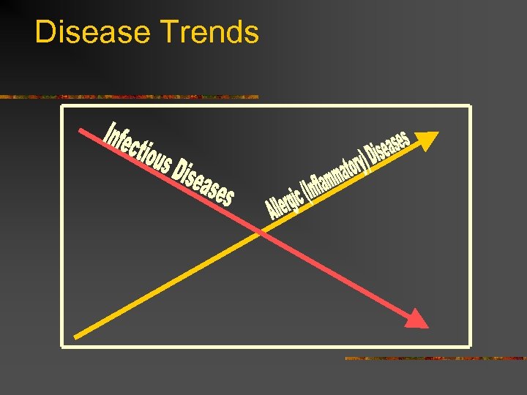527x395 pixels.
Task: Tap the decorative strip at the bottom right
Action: coord(435,358)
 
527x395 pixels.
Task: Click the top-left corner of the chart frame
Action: coord(62,107)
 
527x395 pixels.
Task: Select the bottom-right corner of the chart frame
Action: coord(469,345)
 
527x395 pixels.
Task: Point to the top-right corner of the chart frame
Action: coord(469,107)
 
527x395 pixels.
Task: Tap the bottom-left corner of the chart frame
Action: coord(62,345)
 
